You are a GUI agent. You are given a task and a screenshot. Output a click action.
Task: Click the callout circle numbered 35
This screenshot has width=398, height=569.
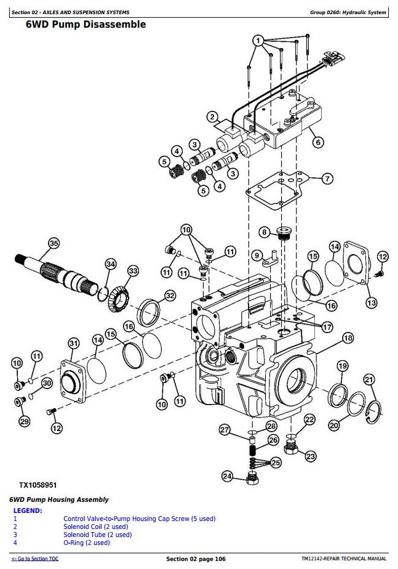coord(54,243)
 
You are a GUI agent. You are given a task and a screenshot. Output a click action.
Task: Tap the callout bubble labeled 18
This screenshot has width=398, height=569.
coord(348,338)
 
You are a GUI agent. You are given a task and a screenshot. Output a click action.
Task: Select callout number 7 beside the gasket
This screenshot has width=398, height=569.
coord(327,179)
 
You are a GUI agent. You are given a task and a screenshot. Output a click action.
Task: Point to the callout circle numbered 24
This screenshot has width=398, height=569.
coord(227,476)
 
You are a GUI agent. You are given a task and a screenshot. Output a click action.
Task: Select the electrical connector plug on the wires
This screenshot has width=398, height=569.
coord(332,58)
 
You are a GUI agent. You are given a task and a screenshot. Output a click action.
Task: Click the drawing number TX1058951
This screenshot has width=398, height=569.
coord(38,485)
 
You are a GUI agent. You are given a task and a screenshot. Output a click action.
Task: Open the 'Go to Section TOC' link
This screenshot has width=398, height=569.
coord(35,559)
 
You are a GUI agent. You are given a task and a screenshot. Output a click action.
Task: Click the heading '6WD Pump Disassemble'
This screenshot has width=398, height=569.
coord(86,24)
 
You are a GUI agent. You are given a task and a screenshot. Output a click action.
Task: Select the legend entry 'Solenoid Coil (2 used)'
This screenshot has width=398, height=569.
coord(96,527)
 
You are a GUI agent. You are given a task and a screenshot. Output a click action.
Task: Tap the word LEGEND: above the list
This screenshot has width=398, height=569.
coord(28,510)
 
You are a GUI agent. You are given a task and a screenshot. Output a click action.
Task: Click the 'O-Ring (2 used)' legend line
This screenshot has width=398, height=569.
coord(87,543)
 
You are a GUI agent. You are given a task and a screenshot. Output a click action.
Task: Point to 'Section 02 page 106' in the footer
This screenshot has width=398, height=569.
coord(196,559)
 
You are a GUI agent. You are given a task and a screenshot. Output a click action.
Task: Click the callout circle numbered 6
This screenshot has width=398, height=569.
coord(318,142)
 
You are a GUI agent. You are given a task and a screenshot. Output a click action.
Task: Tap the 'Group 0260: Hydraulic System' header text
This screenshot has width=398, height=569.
coord(348,12)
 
